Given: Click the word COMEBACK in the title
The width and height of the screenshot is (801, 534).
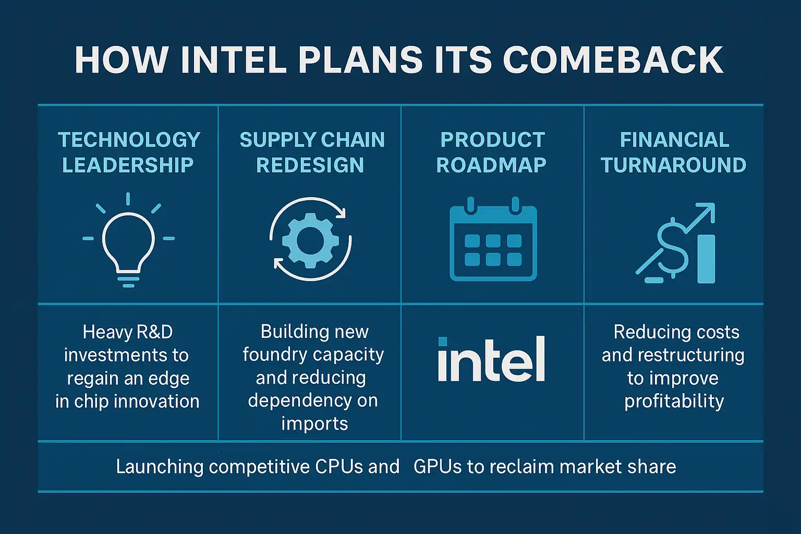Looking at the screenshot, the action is pos(613,60).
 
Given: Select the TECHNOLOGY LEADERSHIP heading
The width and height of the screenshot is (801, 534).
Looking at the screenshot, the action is pos(129,152).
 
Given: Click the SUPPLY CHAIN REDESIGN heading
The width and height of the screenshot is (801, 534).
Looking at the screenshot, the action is pos(312,152).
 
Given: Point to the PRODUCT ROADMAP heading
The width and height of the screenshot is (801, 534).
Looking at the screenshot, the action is pos(492,152).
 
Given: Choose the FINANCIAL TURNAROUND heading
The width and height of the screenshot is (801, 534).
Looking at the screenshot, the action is pos(674,152).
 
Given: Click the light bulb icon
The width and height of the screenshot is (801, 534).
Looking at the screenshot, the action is pos(128,240).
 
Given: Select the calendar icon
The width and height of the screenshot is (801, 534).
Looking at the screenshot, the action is pos(493,238).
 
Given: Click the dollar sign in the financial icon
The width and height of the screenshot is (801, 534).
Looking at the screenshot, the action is pos(673,248).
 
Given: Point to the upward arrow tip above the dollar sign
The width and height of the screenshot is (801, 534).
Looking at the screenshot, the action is pos(714,204).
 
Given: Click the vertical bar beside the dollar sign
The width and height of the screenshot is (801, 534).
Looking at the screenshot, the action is pos(706,259).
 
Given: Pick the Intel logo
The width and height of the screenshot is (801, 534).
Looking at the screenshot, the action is pos(492,359).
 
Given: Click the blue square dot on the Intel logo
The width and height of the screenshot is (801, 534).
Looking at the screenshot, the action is pos(443,341).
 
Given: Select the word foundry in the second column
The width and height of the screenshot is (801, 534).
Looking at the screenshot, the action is pos(275,355).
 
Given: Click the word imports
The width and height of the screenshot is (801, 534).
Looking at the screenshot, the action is pos(314,424).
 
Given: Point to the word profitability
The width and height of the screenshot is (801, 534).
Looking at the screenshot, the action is pos(674,402).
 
